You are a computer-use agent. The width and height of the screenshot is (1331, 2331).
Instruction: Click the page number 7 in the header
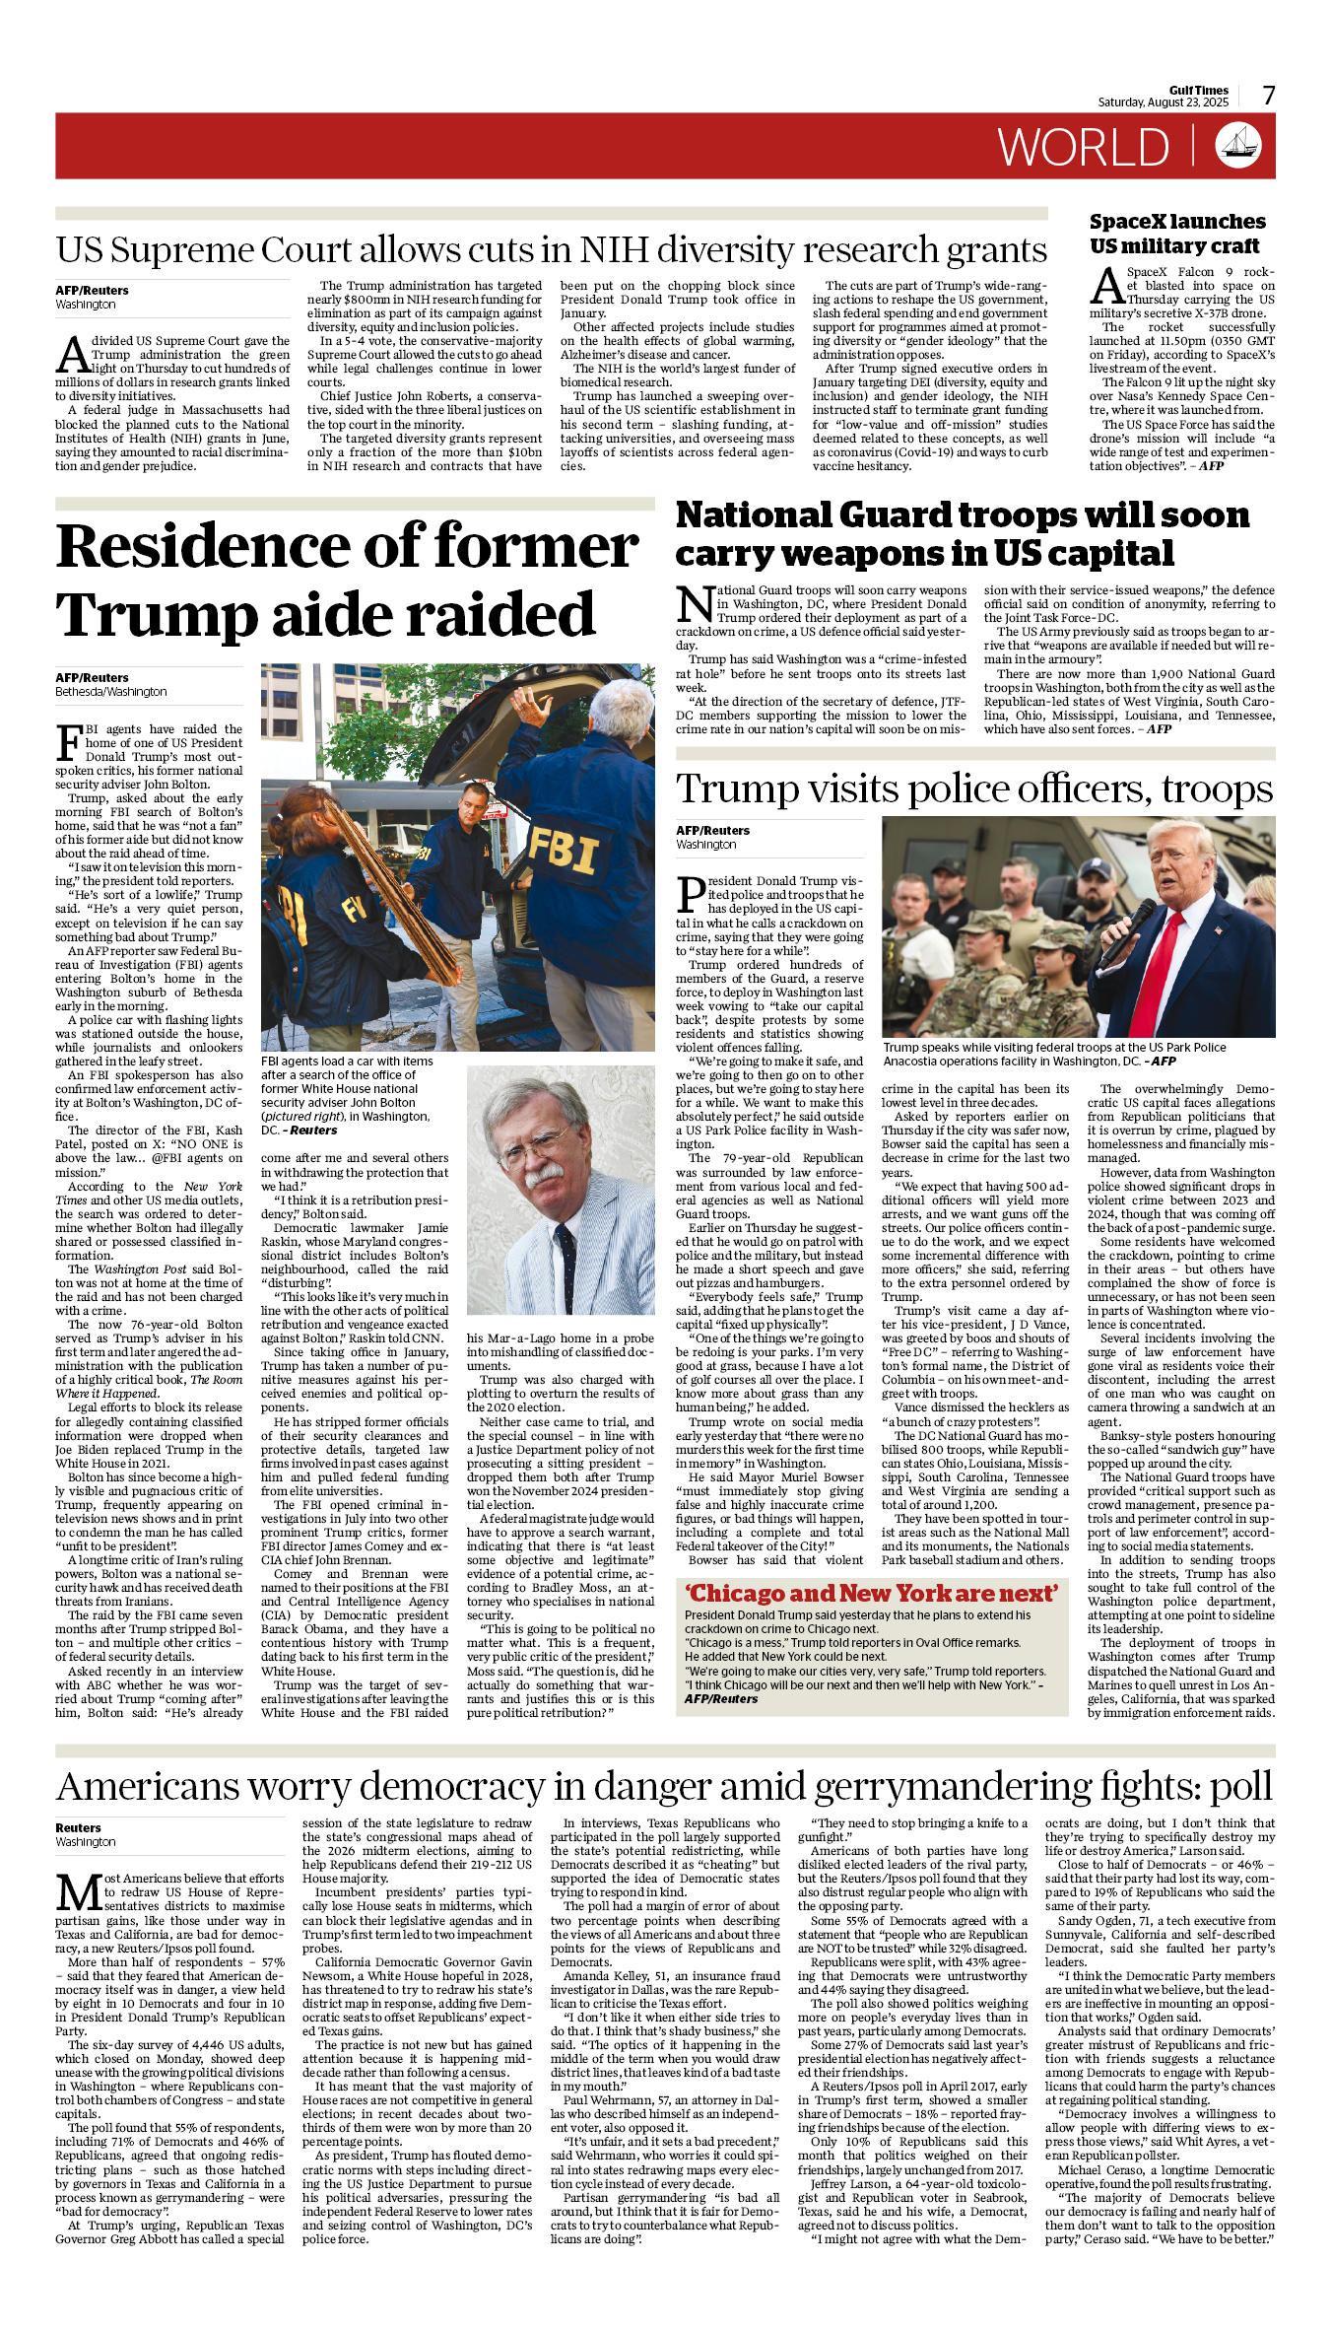coord(1269,96)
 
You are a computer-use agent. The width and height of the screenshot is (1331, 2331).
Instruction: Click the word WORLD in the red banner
coord(1084,148)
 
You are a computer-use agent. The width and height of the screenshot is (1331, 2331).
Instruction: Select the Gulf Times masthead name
coord(1199,90)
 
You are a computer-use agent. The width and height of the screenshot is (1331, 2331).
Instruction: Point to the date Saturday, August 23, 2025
coord(1164,103)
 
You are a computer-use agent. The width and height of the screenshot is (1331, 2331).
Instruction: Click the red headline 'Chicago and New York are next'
coord(872,1594)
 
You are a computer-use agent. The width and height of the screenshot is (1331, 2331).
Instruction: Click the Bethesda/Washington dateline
coord(110,692)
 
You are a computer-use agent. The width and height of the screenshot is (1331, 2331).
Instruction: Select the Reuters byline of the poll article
coord(78,1827)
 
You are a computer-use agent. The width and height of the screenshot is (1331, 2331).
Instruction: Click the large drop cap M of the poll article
coord(78,1892)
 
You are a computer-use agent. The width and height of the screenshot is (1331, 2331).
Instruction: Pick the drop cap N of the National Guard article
coord(695,603)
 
